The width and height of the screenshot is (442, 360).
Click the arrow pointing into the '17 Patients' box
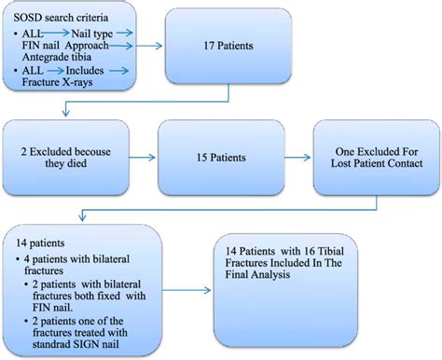coord(153,44)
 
